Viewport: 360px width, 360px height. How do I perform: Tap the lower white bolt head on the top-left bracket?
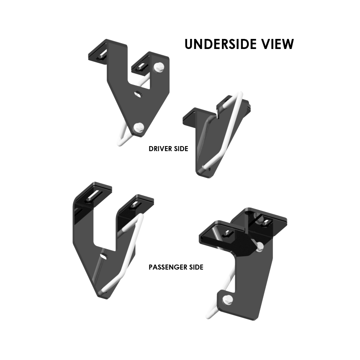point(139,127)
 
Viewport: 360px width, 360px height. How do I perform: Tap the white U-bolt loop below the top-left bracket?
point(122,138)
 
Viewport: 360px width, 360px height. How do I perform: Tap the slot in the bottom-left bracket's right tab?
point(134,205)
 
